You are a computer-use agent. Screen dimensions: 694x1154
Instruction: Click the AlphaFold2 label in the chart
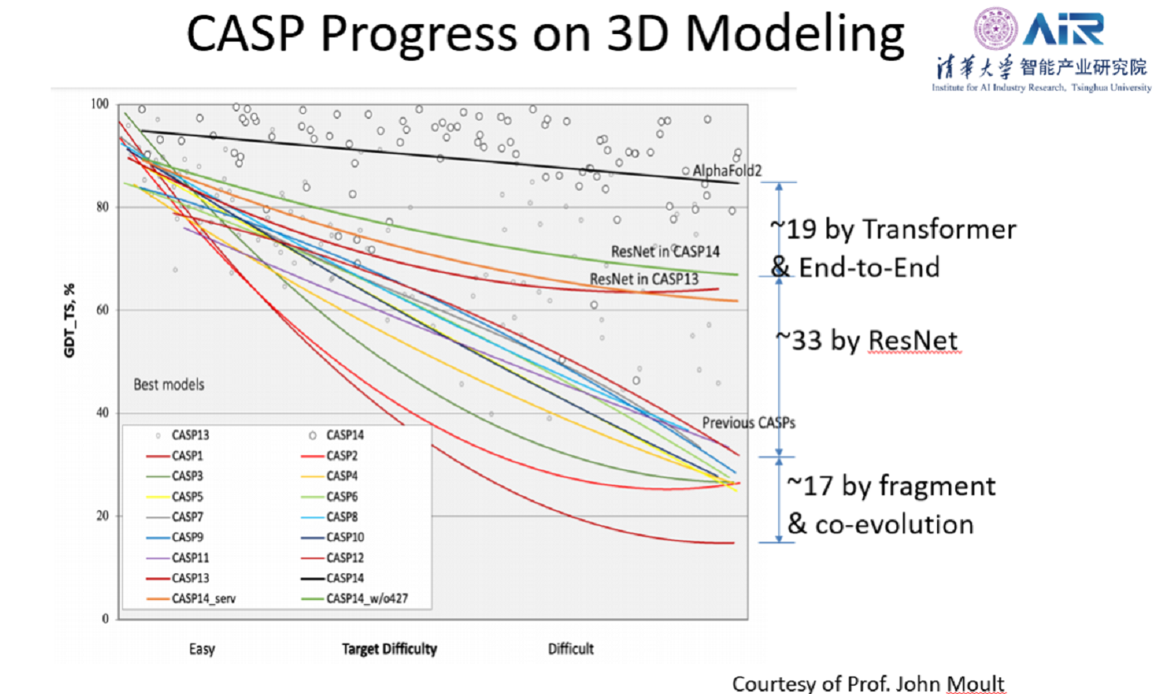(x=727, y=171)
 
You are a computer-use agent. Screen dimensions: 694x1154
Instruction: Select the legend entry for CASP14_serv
(x=200, y=598)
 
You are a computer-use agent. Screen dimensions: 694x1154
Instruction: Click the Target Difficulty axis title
(x=389, y=649)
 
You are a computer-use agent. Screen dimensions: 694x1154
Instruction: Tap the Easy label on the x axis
(x=200, y=649)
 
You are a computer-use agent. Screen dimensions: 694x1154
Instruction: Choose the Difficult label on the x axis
(x=570, y=649)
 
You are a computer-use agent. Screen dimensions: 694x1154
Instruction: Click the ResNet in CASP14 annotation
(x=665, y=250)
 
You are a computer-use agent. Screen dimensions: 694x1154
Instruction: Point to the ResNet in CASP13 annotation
(x=644, y=279)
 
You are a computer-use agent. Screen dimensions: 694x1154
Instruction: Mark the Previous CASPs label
(x=748, y=423)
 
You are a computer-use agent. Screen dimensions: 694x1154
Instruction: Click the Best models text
(x=169, y=384)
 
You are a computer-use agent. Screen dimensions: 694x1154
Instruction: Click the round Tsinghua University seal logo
(x=991, y=28)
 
